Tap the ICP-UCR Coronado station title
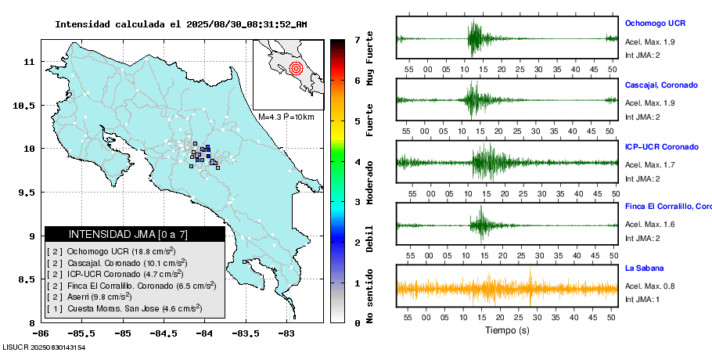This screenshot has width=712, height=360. click(x=662, y=146)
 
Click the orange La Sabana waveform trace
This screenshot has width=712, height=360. click(x=506, y=288)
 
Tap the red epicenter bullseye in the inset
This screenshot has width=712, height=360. click(x=295, y=68)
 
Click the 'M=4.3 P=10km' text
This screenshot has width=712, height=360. click(x=286, y=117)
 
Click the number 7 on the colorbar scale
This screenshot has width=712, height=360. click(x=358, y=39)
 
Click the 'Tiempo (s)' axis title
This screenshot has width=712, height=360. click(x=506, y=331)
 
